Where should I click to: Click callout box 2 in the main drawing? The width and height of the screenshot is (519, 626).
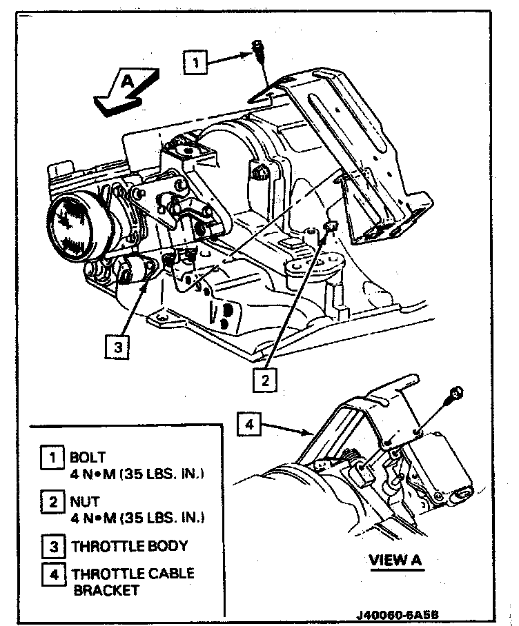click(263, 378)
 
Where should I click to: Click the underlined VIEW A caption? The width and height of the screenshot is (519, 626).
click(395, 560)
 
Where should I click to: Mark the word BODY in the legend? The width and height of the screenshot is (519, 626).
click(169, 547)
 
